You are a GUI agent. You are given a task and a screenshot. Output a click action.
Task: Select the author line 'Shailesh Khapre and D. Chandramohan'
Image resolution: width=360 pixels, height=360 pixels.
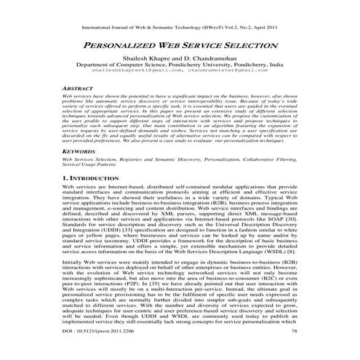pyautogui.click(x=180, y=55)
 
